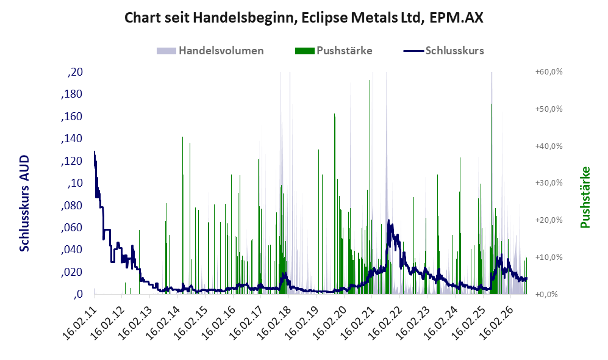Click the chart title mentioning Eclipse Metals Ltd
pyautogui.click(x=304, y=18)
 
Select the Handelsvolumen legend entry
pyautogui.click(x=210, y=51)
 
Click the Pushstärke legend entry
pyautogui.click(x=334, y=51)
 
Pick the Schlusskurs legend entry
pyautogui.click(x=443, y=51)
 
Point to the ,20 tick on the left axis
pyautogui.click(x=75, y=72)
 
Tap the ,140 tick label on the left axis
pyautogui.click(x=72, y=139)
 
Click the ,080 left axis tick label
pyautogui.click(x=72, y=206)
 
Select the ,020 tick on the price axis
pyautogui.click(x=72, y=272)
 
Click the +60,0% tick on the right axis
pyautogui.click(x=549, y=72)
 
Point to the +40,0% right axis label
pyautogui.click(x=549, y=146)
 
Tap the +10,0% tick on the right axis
pyautogui.click(x=549, y=257)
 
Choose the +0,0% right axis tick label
pyautogui.click(x=547, y=295)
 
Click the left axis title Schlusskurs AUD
pyautogui.click(x=24, y=203)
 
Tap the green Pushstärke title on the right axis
pyautogui.click(x=585, y=198)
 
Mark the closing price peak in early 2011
pyautogui.click(x=95, y=151)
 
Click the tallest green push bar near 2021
pyautogui.click(x=370, y=187)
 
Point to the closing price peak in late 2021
pyautogui.click(x=389, y=220)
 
